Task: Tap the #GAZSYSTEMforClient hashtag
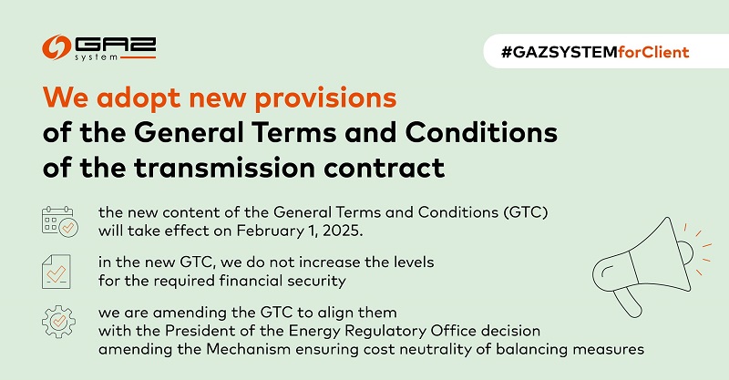click(x=595, y=52)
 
